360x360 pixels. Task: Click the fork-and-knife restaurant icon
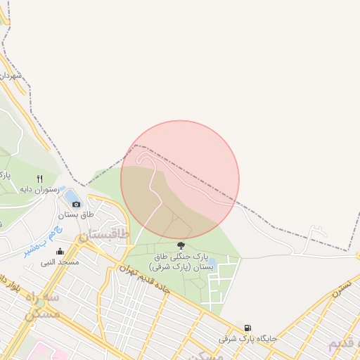[x=39, y=179]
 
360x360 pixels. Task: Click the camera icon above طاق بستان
[x=77, y=204]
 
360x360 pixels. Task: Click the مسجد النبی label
[x=59, y=262]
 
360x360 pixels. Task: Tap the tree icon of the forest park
[x=181, y=245]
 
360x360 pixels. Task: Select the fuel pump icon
[x=247, y=328]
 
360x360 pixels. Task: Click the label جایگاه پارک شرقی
[x=247, y=338]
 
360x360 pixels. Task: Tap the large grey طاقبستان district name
[x=104, y=235]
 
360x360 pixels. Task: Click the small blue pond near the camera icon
[x=72, y=193]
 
